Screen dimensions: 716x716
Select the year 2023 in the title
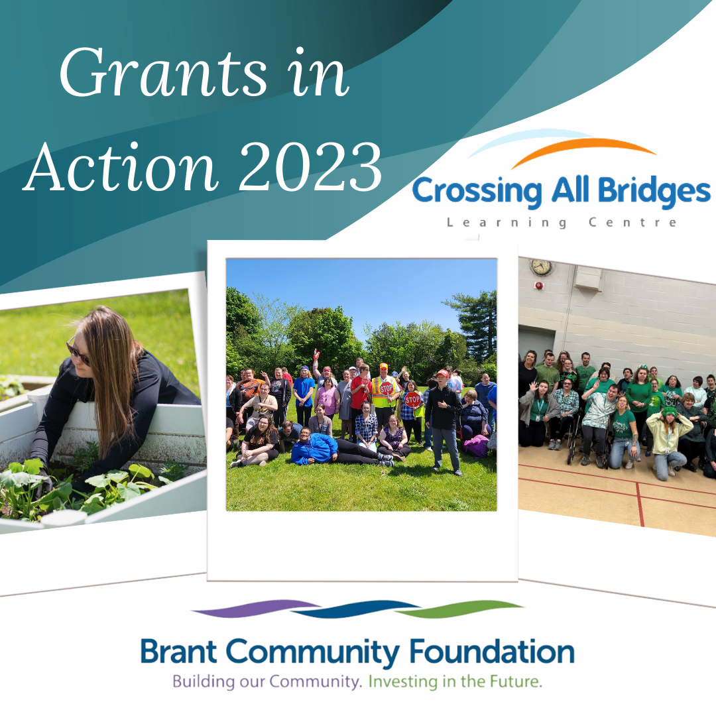point(311,167)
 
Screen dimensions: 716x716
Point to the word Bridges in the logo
point(654,191)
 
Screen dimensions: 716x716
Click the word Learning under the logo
point(507,223)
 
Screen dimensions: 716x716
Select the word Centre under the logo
point(632,223)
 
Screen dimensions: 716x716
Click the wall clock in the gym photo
point(541,267)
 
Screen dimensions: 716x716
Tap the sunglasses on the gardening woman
point(77,350)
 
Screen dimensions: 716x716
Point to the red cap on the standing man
point(442,373)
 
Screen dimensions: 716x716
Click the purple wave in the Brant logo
point(256,609)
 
